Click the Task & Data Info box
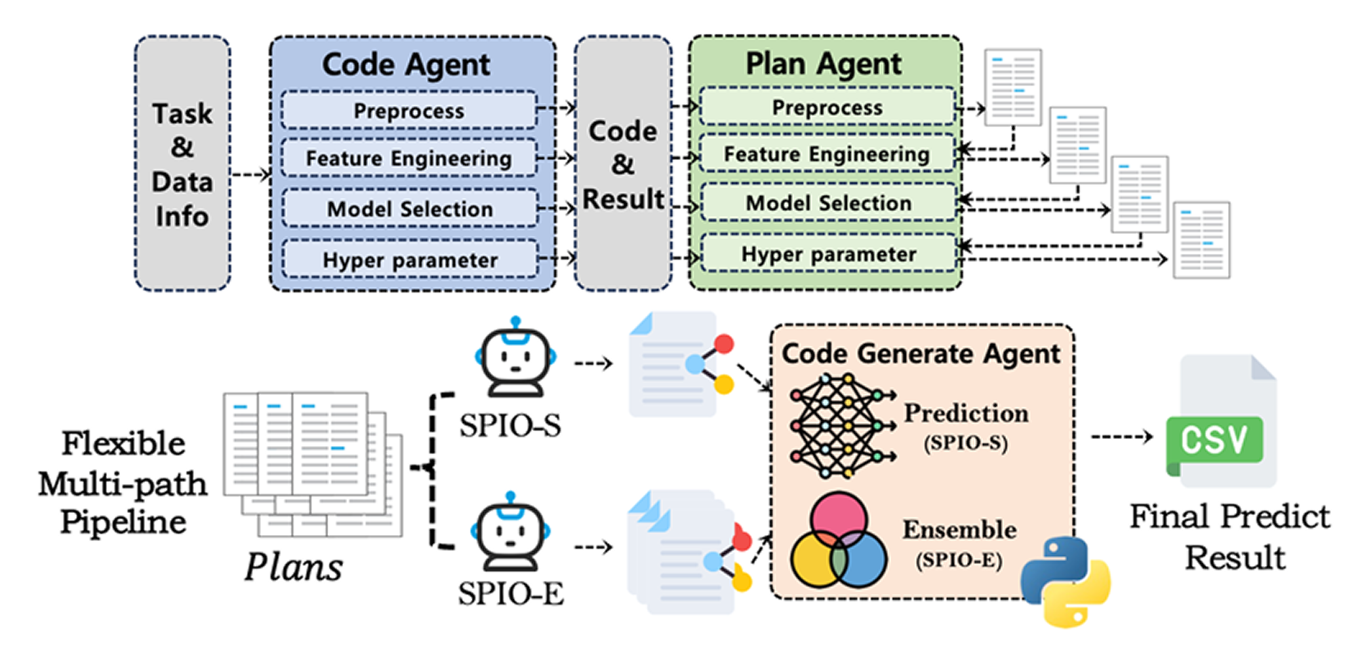(182, 164)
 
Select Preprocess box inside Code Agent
(409, 111)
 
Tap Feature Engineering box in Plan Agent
(826, 154)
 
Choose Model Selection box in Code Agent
(410, 209)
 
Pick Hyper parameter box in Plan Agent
(828, 255)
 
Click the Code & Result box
(623, 164)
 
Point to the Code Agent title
(405, 65)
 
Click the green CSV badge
(1214, 440)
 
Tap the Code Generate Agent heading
(921, 354)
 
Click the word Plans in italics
(294, 567)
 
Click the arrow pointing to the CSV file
(1122, 437)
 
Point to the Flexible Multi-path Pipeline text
(123, 483)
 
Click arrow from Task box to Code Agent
(250, 175)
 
